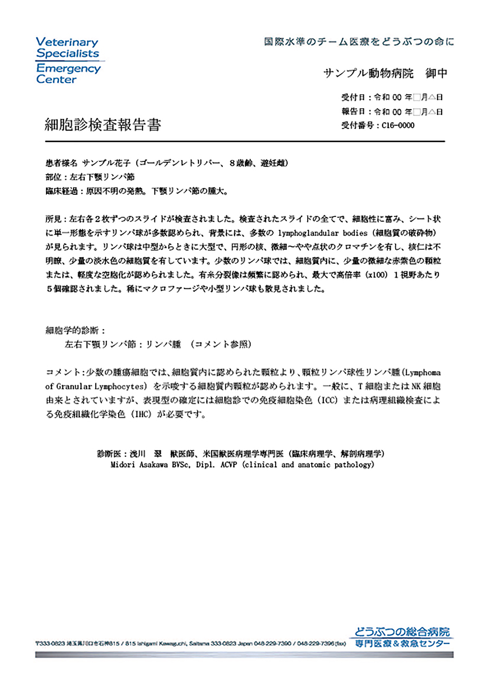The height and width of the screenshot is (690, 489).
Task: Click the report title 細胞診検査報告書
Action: (x=103, y=124)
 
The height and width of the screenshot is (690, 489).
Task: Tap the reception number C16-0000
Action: (x=398, y=125)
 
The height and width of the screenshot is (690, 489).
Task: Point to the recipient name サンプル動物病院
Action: (x=368, y=73)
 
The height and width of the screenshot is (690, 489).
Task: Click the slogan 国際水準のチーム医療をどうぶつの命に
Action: (x=359, y=41)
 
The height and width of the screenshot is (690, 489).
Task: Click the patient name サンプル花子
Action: (x=106, y=163)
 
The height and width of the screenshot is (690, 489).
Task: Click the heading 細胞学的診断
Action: (x=72, y=330)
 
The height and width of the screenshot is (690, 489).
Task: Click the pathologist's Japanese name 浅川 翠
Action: (x=146, y=453)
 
